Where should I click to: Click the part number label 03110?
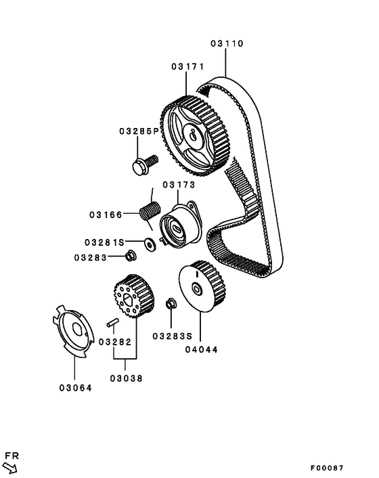[x=226, y=43]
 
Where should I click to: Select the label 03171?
[x=187, y=66]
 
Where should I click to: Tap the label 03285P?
[x=139, y=131]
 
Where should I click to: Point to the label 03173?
[x=178, y=184]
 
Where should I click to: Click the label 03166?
[x=104, y=215]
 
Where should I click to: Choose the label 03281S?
[x=104, y=241]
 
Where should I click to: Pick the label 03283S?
[x=172, y=335]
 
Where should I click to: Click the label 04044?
[x=201, y=350]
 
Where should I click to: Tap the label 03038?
[x=127, y=378]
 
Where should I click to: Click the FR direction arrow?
[x=11, y=466]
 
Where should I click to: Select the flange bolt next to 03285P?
[x=143, y=163]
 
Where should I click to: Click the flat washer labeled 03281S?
[x=150, y=242]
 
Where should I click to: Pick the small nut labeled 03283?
[x=131, y=256]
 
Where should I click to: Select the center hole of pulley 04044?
[x=197, y=290]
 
